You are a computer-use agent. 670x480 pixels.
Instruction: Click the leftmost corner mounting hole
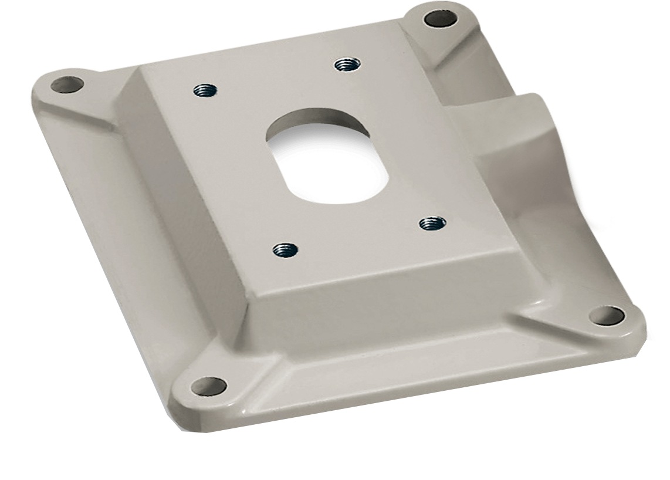[66, 85]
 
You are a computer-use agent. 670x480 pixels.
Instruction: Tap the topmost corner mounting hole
[440, 19]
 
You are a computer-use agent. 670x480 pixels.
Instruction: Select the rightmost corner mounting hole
[607, 315]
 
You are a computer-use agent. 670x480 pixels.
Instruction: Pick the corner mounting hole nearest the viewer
[209, 386]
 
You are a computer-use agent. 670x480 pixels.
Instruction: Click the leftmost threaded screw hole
[205, 91]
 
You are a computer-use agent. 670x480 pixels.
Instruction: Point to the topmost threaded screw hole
[347, 64]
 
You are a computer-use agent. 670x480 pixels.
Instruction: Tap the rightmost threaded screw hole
[433, 223]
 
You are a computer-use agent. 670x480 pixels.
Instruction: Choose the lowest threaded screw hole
[285, 251]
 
